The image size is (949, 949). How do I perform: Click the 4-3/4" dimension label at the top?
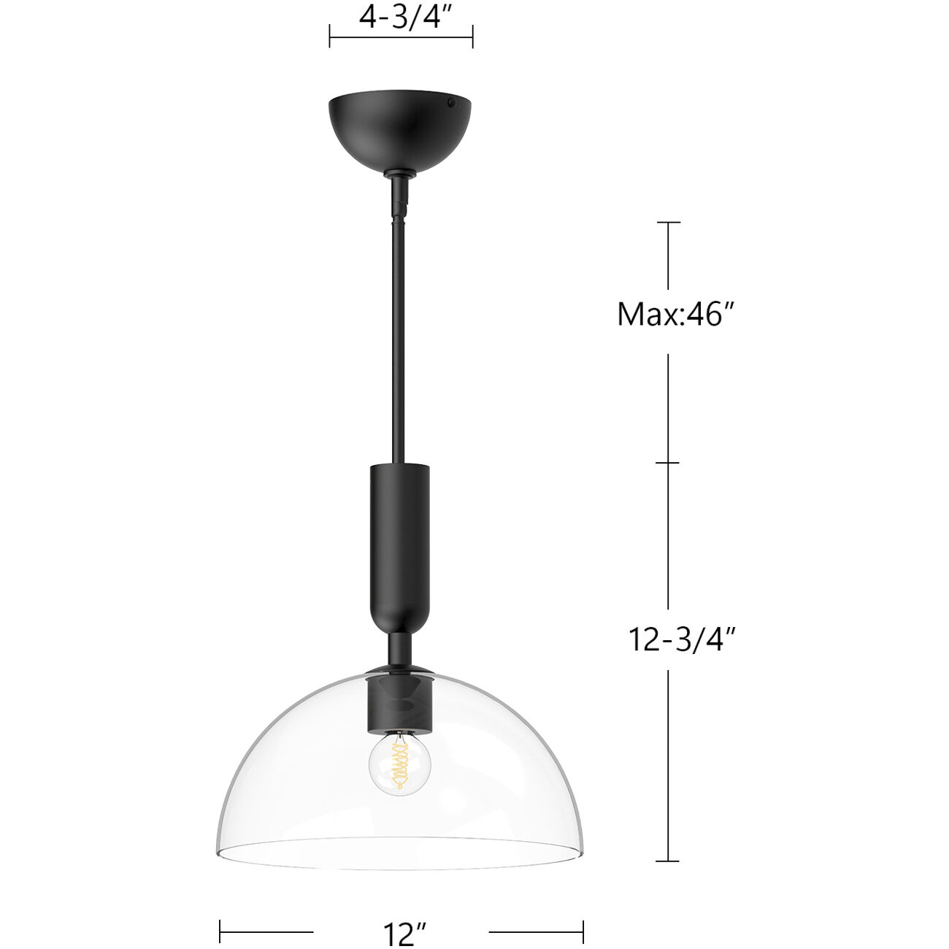pos(401,16)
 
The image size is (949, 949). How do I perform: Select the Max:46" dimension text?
pos(675,315)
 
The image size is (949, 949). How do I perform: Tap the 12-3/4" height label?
pos(680,639)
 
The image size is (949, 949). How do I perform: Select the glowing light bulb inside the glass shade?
pos(399,766)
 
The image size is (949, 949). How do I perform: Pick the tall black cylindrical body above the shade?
pos(400,540)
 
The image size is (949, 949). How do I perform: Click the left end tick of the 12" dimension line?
pos(220,931)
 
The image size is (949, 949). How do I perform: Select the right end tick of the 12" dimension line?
pos(583,931)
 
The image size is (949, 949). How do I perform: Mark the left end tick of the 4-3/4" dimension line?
pos(330,36)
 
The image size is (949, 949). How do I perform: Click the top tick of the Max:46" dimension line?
pos(668,223)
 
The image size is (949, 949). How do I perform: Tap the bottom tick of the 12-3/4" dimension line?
pos(668,861)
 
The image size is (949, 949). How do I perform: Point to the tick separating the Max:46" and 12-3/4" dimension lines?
pos(668,463)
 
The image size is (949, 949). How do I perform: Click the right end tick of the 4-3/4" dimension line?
pos(472,36)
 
